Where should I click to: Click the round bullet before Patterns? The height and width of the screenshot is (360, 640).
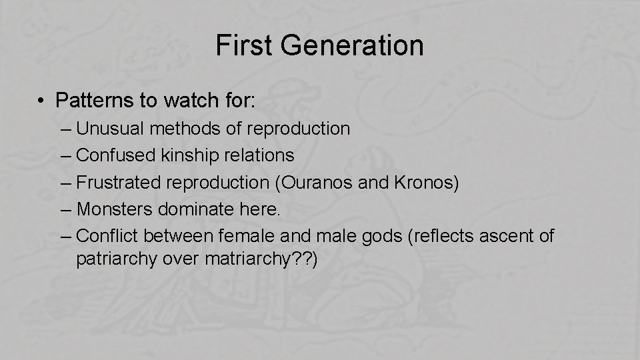pyautogui.click(x=41, y=101)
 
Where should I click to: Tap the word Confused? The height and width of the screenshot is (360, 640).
pyautogui.click(x=116, y=155)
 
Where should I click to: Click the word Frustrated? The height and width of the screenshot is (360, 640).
pyautogui.click(x=117, y=183)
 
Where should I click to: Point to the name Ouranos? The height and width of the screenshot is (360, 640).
pyautogui.click(x=327, y=183)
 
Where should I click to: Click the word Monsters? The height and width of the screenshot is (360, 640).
pyautogui.click(x=115, y=209)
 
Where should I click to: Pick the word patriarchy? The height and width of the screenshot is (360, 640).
pyautogui.click(x=117, y=259)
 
